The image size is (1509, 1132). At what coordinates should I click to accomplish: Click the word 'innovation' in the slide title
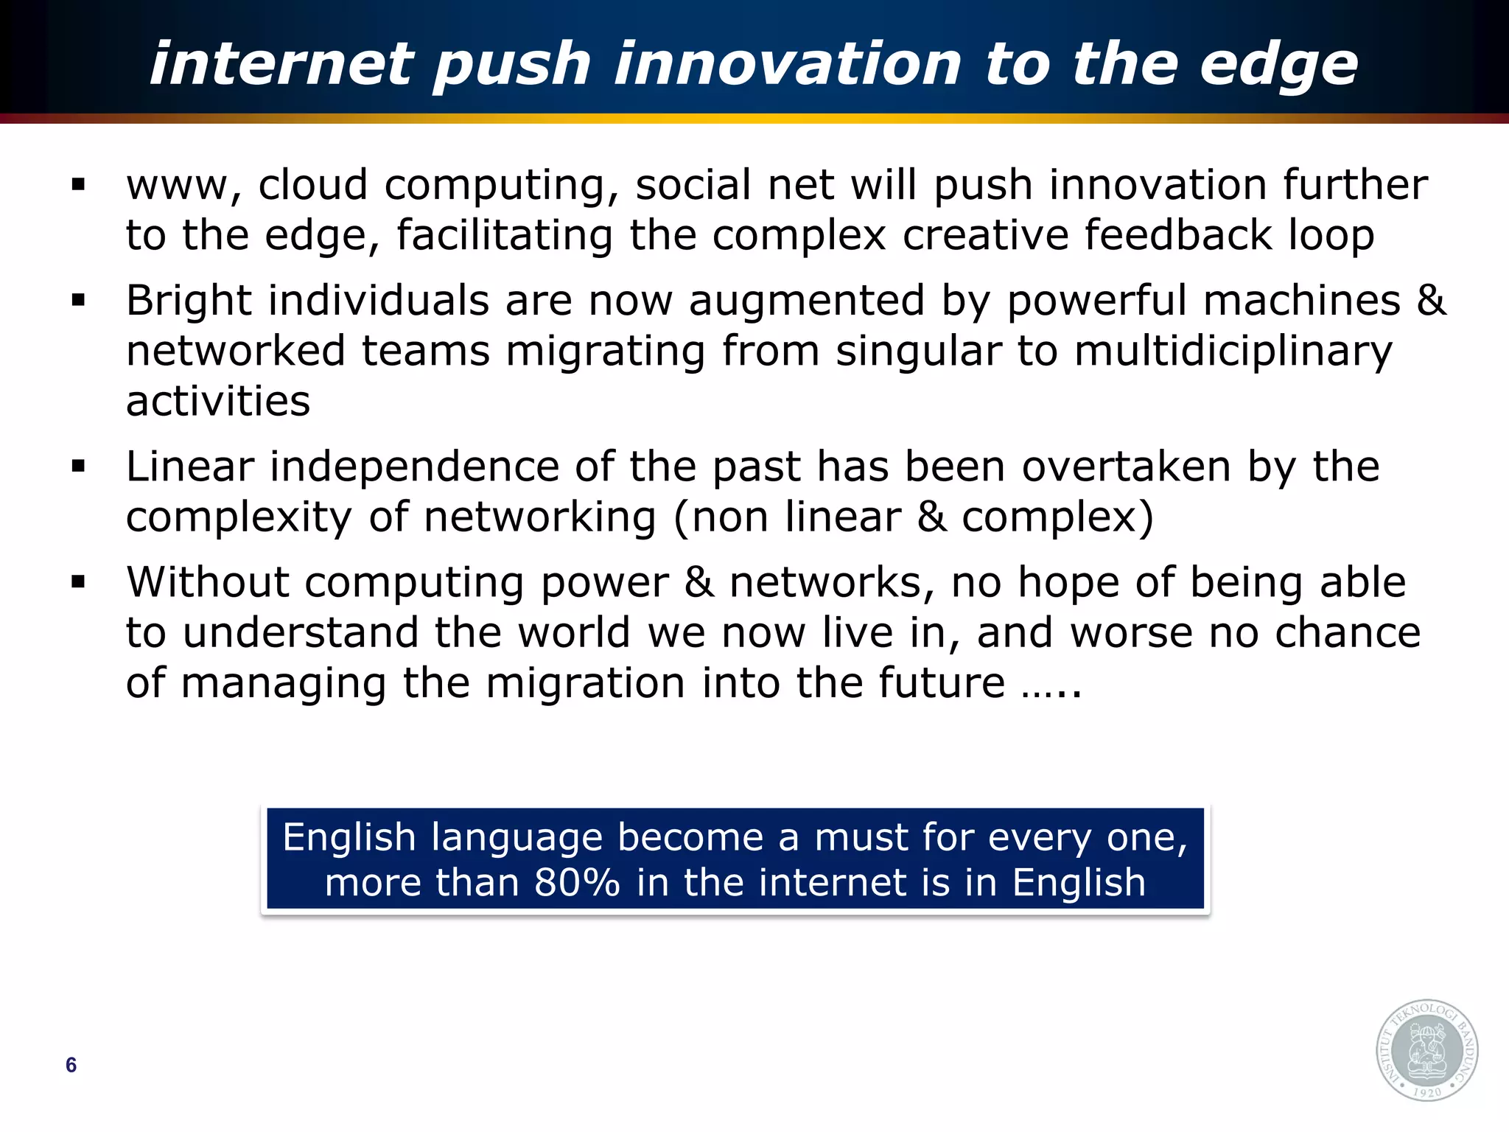click(788, 65)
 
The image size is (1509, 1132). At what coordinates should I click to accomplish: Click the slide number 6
click(71, 1065)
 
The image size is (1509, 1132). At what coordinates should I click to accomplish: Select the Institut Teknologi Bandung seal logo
click(1426, 1050)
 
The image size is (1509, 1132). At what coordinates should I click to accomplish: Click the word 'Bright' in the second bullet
click(189, 301)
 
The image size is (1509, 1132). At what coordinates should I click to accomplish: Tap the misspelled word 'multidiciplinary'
click(1233, 352)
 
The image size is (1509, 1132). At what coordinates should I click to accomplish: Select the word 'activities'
click(218, 402)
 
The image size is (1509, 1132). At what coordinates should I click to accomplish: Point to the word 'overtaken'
click(1127, 467)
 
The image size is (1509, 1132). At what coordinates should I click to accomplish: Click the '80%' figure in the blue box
click(577, 883)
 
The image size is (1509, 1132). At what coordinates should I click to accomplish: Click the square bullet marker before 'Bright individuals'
click(79, 301)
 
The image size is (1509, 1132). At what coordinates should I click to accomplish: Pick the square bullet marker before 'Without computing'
click(79, 582)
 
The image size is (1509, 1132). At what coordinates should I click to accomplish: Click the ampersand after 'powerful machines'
click(1432, 301)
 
